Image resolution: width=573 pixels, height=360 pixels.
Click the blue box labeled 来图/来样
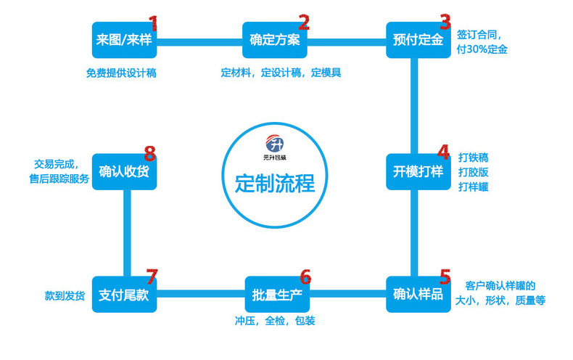(124, 40)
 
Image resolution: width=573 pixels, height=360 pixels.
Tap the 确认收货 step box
(124, 171)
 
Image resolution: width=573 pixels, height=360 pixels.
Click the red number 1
(152, 23)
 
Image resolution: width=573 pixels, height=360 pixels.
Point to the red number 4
(444, 152)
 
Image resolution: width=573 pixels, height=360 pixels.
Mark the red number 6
(305, 277)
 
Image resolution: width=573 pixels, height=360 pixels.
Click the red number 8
(149, 153)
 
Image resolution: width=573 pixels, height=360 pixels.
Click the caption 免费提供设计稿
(121, 73)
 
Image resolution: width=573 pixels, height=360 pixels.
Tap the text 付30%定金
(482, 49)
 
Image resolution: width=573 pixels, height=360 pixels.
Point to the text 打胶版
(472, 171)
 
